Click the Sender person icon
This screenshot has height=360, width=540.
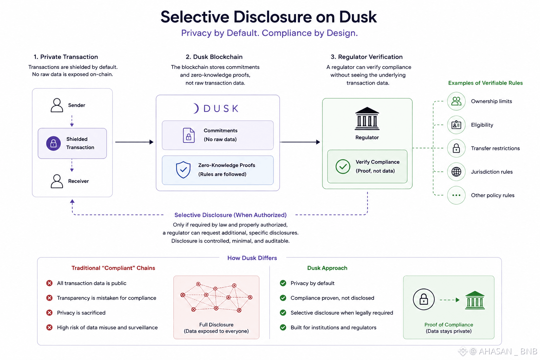57,105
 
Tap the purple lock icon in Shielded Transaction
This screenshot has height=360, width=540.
53,143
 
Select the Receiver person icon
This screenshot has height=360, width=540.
57,181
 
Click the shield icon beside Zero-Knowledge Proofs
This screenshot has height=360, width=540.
183,170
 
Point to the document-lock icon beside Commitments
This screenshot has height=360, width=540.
188,135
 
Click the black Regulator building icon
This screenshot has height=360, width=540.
367,118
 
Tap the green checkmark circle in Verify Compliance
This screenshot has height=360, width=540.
343,166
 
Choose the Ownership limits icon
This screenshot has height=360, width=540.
456,101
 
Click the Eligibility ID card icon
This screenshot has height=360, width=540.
456,125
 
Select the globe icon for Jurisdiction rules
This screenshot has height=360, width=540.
456,172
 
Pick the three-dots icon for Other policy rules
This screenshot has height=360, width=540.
456,195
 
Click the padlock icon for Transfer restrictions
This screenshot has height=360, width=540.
456,148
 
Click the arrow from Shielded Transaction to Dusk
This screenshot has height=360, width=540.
134,142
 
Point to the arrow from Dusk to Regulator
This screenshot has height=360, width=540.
300,142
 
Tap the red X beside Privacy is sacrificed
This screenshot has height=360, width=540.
50,313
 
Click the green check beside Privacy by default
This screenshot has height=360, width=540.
283,283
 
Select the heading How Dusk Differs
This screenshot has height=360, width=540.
252,258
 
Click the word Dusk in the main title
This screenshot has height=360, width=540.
358,17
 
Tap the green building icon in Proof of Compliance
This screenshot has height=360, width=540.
475,300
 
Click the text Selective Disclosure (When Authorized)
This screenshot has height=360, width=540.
231,215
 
